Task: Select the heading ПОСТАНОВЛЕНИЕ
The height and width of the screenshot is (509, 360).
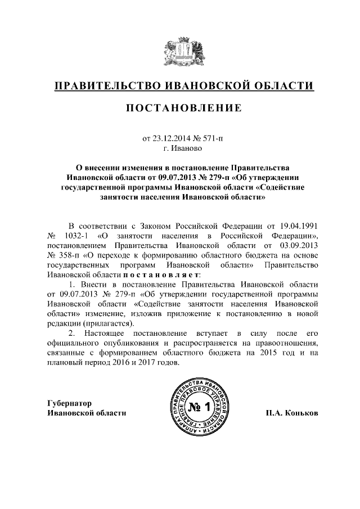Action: click(x=180, y=107)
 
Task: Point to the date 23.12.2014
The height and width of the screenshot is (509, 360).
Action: click(x=173, y=138)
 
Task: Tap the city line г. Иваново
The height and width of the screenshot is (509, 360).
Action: click(x=180, y=148)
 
